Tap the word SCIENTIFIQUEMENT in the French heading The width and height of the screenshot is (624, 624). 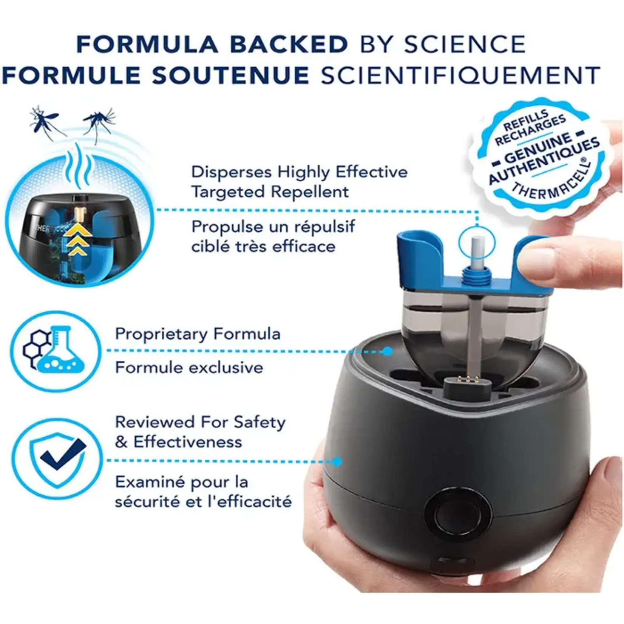(x=460, y=75)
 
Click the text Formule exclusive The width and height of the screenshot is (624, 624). (x=189, y=367)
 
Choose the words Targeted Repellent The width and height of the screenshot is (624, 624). (x=270, y=192)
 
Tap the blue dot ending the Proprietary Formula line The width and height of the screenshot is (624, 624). (x=387, y=351)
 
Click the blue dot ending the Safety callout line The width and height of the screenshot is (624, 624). (x=337, y=461)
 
